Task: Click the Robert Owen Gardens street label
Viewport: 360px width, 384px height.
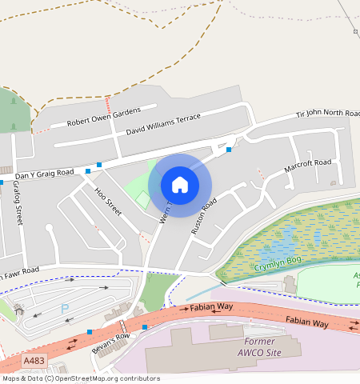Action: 104,117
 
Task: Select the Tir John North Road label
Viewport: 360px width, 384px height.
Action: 328,116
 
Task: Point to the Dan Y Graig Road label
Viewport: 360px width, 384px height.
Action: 44,173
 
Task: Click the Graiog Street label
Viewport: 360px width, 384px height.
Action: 16,203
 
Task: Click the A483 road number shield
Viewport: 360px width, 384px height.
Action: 34,362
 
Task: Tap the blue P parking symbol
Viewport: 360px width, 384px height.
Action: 65,309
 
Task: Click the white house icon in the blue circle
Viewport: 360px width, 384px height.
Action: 180,185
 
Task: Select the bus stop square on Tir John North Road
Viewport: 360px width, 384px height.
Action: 229,150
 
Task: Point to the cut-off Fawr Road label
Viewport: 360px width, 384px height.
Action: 20,273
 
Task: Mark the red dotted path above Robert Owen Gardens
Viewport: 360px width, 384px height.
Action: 109,104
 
